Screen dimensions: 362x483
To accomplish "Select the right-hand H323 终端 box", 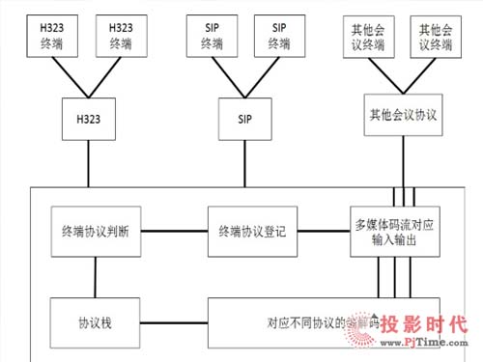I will (121, 35).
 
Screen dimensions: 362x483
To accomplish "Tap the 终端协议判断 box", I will (95, 232).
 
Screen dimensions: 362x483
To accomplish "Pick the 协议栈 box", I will (95, 320).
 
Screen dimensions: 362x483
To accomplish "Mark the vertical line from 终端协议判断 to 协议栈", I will (95, 278).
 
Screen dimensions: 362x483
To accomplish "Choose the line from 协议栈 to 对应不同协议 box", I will (174, 320).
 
